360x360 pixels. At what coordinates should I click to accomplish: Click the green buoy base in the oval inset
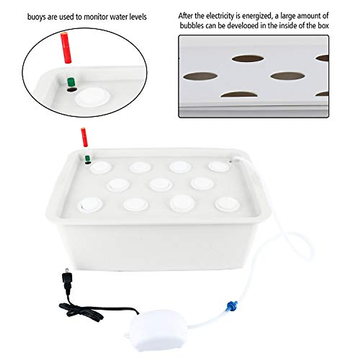click(71, 82)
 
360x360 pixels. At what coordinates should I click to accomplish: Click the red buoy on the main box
click(84, 137)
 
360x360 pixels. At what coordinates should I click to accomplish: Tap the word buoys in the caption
click(37, 17)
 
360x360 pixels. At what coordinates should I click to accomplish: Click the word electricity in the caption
click(221, 16)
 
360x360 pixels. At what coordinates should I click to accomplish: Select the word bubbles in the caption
click(191, 25)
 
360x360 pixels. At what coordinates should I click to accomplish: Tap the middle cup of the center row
click(161, 184)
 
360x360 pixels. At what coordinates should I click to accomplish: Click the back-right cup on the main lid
click(219, 166)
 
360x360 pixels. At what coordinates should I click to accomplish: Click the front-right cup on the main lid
click(227, 204)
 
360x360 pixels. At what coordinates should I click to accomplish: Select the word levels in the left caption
click(136, 17)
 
